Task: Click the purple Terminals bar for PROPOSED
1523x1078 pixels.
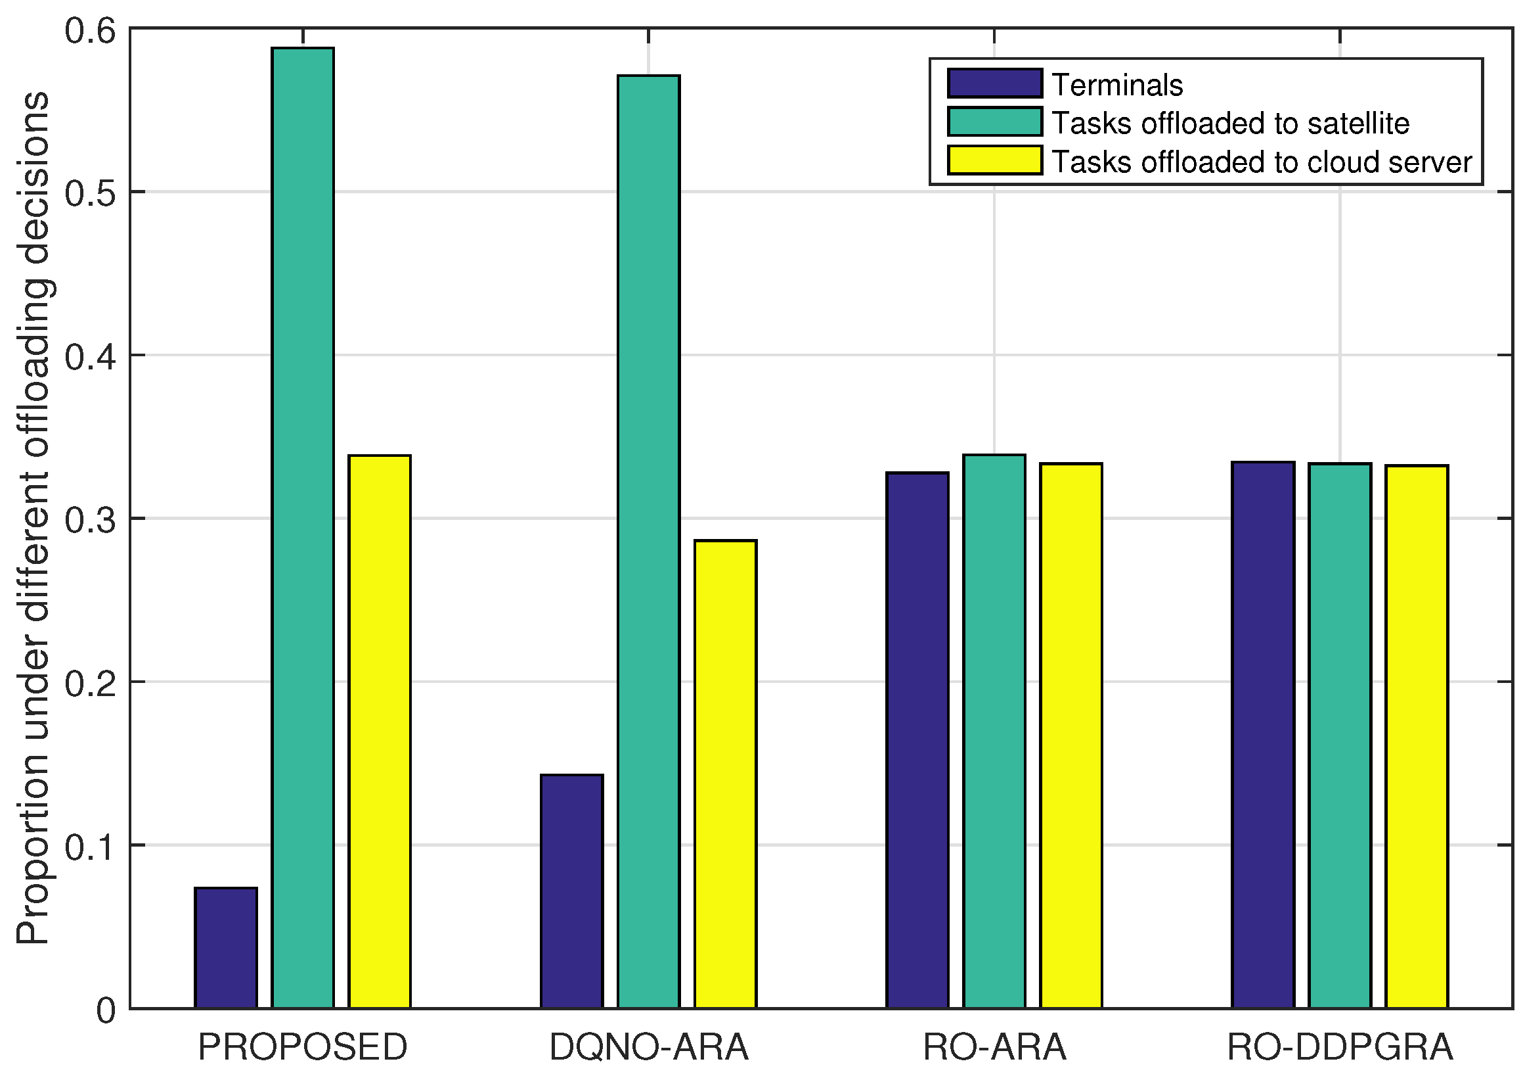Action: coord(226,948)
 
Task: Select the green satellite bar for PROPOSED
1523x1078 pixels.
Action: coord(303,528)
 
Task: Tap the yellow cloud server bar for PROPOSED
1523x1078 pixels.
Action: coord(380,732)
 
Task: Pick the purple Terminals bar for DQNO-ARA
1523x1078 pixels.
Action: coord(572,891)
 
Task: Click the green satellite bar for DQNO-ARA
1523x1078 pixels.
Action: coord(649,542)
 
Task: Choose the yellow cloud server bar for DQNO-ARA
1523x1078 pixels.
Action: coord(726,774)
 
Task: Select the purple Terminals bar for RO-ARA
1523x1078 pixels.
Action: coord(918,740)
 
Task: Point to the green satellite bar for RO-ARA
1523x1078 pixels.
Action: coord(995,732)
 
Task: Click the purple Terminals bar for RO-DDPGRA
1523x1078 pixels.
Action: coord(1264,735)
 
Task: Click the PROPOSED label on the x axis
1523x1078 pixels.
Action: coord(303,1048)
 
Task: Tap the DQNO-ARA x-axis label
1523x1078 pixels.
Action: coord(649,1048)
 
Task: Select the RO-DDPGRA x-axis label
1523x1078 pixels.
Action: coord(1340,1048)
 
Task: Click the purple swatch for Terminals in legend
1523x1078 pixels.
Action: coord(995,83)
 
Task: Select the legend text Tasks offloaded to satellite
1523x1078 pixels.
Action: coord(1231,124)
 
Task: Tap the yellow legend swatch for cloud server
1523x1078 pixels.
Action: coord(995,160)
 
